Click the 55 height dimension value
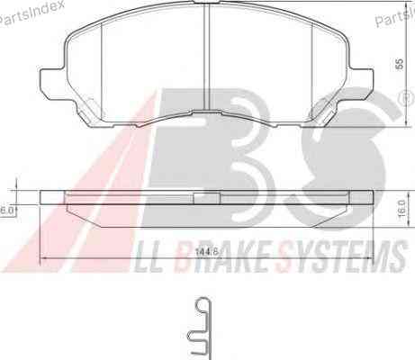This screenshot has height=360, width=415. pos(399,64)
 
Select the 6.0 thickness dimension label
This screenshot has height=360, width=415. pos(6,210)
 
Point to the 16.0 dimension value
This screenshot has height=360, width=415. pos(401,208)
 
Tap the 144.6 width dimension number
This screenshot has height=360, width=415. pos(207,252)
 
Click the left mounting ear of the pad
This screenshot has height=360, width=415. pos(52,84)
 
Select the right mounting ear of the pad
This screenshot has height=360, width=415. pos(362,84)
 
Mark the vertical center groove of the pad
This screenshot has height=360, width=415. pos(207,57)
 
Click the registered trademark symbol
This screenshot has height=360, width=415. pos(408,99)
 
